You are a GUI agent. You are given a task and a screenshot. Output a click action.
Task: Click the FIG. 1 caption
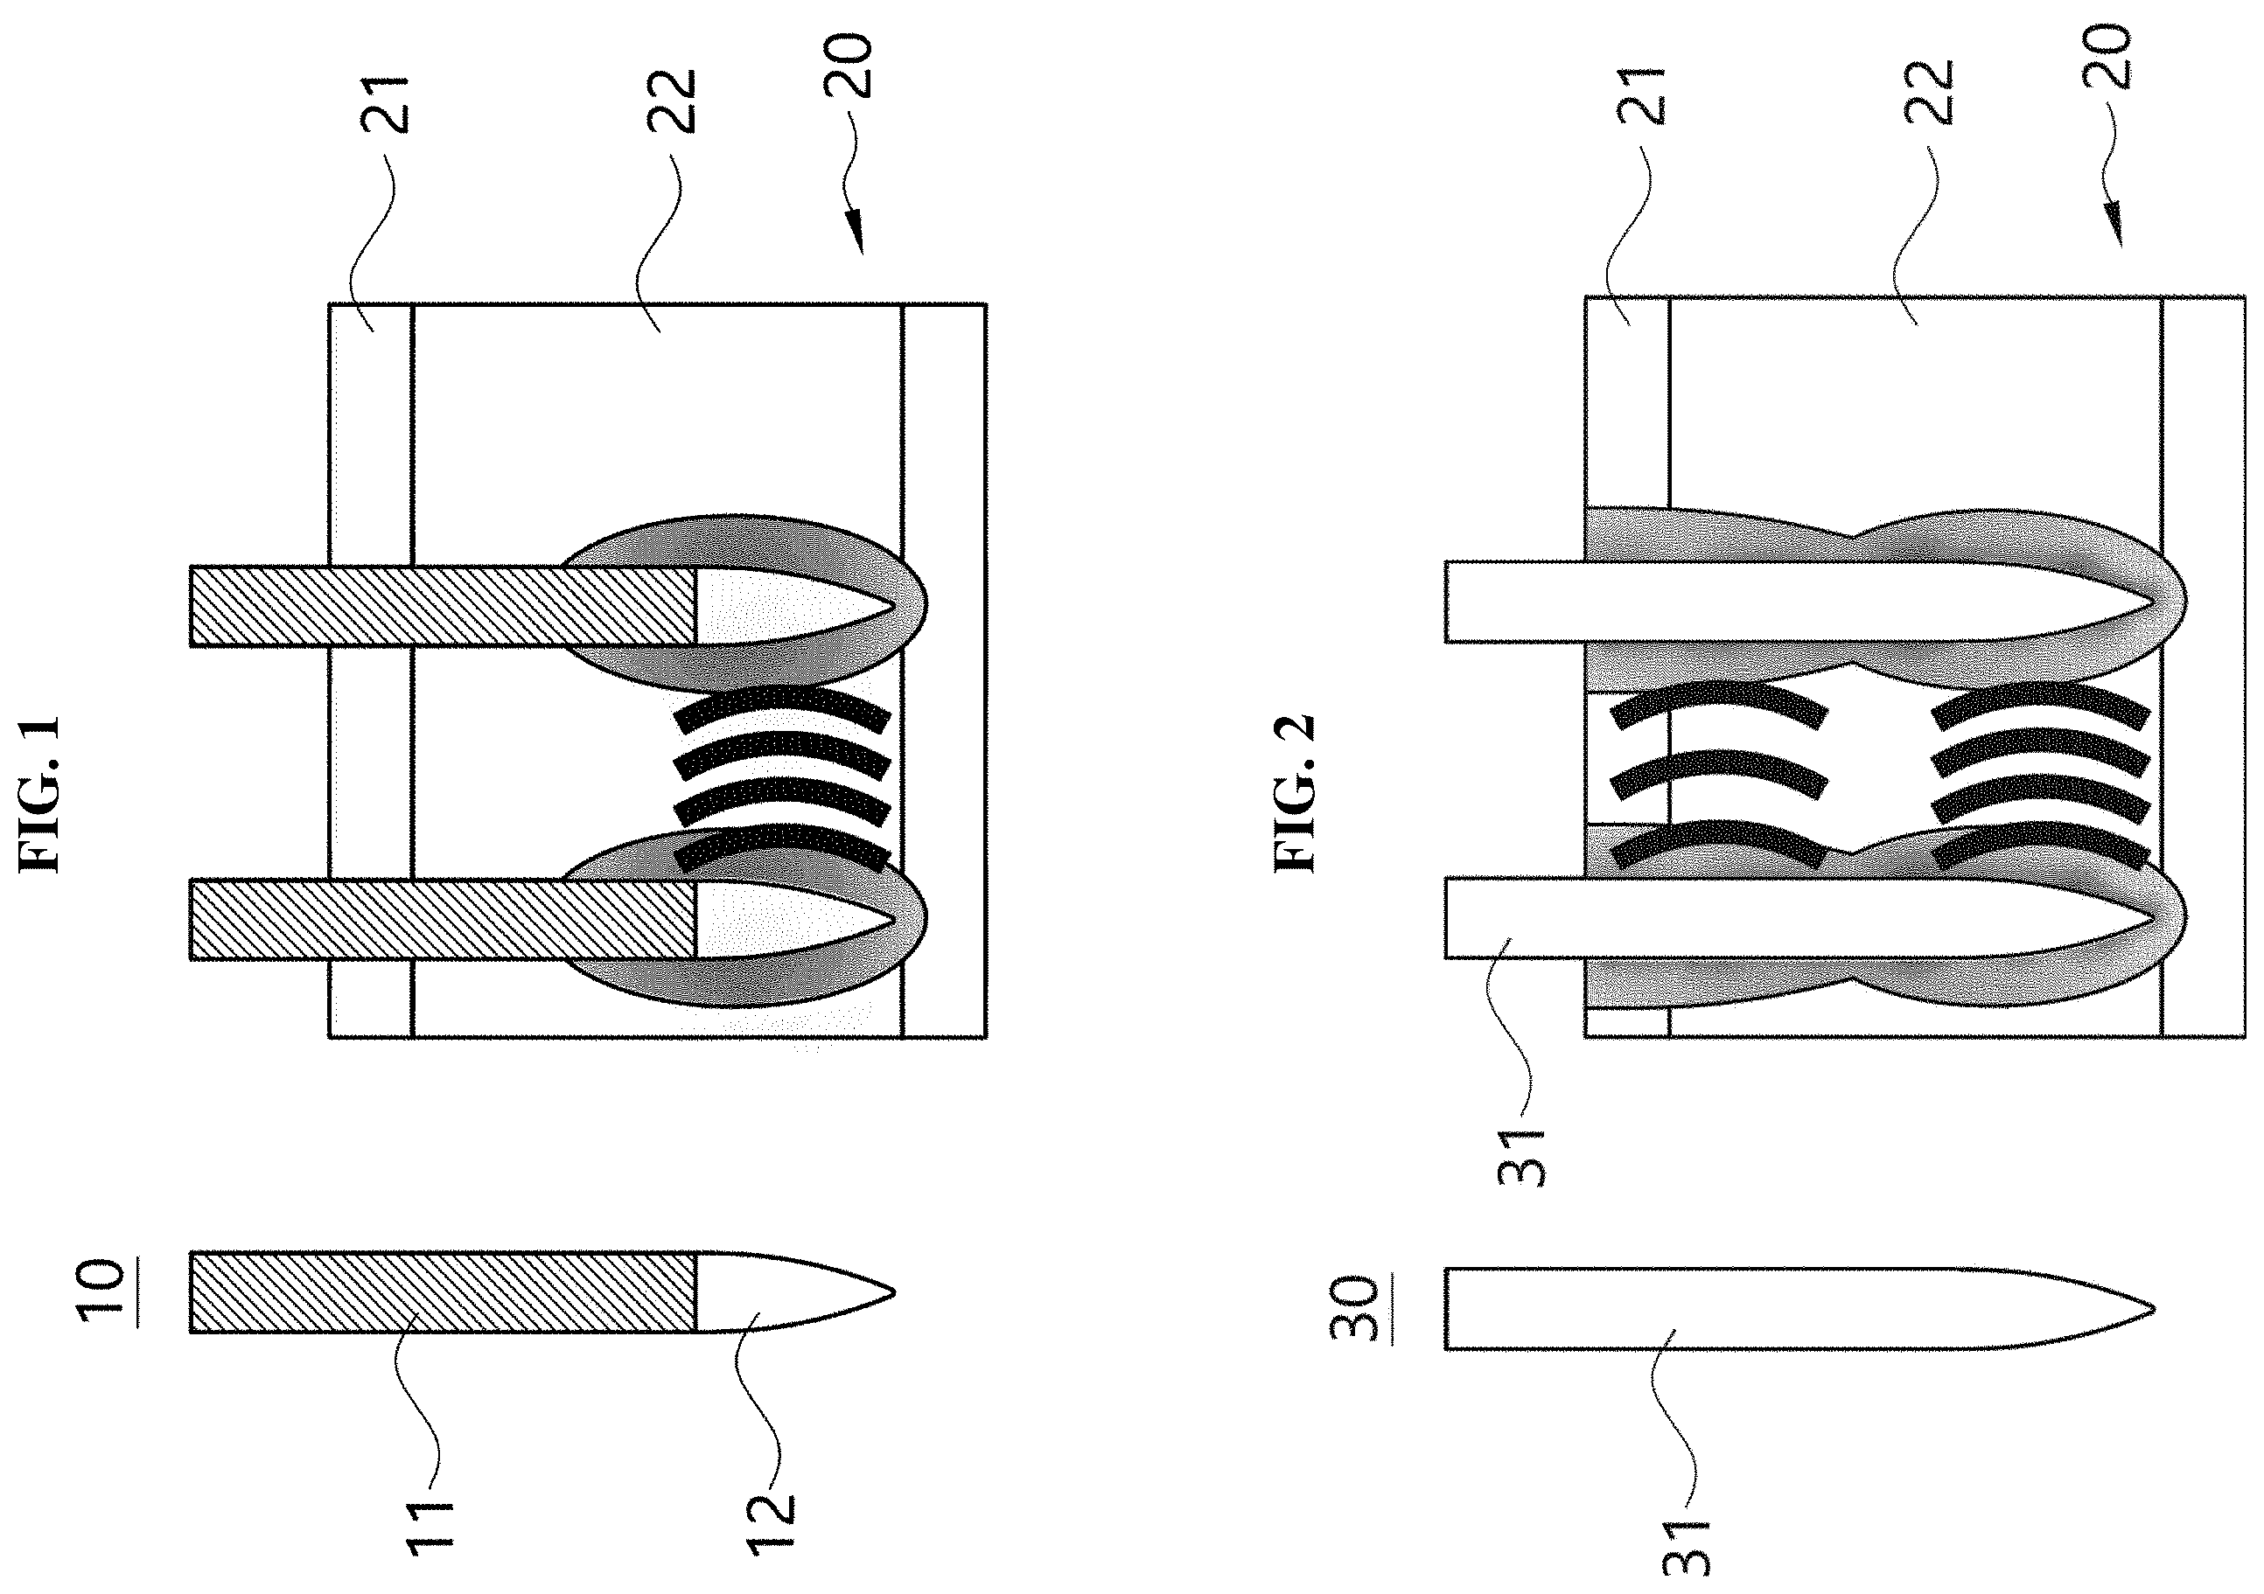[41, 795]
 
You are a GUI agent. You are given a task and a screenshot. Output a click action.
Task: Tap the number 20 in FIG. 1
[848, 66]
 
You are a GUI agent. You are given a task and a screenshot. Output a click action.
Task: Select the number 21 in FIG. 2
[1641, 95]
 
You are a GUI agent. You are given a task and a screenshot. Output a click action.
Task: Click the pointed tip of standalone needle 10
[893, 1291]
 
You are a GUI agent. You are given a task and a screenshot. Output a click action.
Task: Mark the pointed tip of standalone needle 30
[2154, 1309]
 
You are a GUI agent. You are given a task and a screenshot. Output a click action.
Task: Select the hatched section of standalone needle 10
[444, 1292]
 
